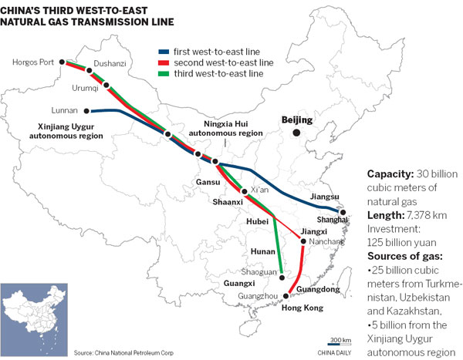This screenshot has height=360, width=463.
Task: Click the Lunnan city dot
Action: point(86,110)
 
